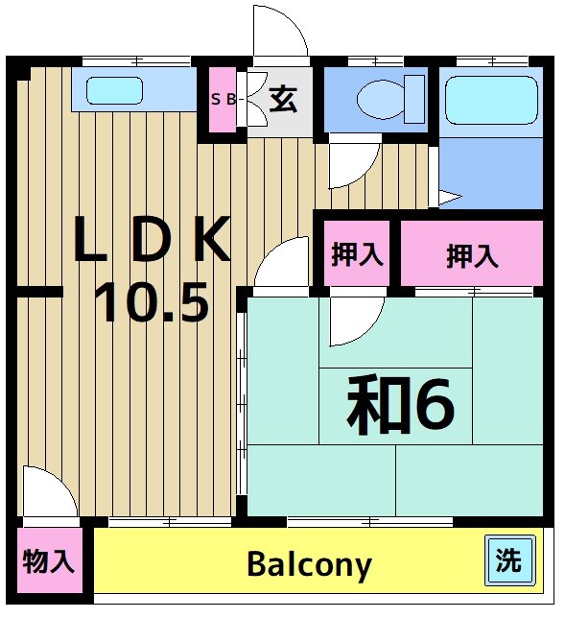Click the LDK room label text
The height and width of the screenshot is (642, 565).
click(x=153, y=242)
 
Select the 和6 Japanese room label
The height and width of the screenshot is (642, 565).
click(x=399, y=404)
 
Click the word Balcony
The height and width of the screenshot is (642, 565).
click(x=309, y=564)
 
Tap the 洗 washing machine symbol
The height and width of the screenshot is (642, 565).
click(x=508, y=560)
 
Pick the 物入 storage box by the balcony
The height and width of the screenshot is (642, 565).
click(x=48, y=561)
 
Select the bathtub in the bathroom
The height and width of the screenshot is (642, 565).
click(x=490, y=98)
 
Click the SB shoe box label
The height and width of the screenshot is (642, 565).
click(x=222, y=99)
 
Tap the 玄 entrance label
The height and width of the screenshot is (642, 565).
click(x=282, y=98)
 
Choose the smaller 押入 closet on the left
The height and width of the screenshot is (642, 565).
click(x=357, y=254)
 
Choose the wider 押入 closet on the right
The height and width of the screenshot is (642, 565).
click(x=472, y=255)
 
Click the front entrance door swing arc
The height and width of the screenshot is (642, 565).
click(x=281, y=31)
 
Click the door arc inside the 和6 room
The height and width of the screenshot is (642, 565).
click(x=355, y=321)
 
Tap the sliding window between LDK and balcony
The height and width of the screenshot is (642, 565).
click(x=168, y=521)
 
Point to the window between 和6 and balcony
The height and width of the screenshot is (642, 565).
click(x=369, y=521)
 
